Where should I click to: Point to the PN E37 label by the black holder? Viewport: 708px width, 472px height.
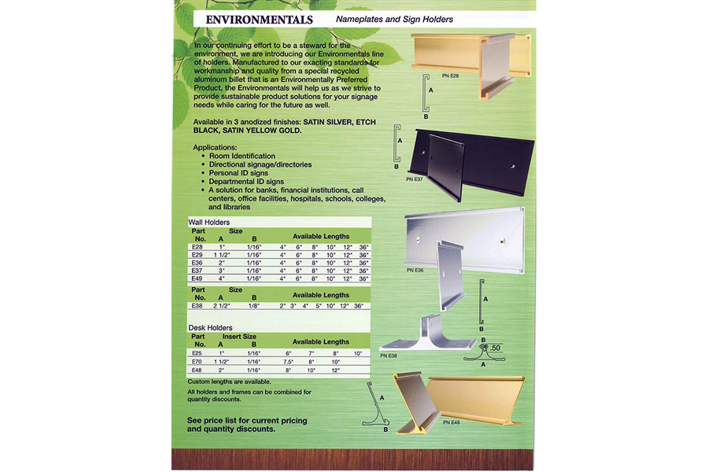coord(415,179)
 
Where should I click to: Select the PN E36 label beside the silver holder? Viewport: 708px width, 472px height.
coord(416,270)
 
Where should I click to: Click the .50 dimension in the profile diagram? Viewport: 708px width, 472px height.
coord(495,348)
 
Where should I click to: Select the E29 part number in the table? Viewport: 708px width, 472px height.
coord(197,255)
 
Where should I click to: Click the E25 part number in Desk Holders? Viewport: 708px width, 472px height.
coord(197,353)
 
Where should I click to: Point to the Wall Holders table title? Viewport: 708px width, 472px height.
coord(209,223)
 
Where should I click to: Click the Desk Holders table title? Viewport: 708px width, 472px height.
coord(210,326)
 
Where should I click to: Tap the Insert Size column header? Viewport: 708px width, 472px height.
coord(241,335)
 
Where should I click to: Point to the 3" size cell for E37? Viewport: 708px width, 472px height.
coord(221,271)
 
